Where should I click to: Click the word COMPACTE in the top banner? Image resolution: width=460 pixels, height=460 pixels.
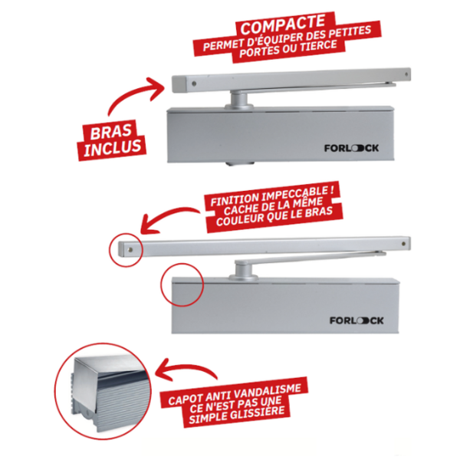click(x=282, y=25)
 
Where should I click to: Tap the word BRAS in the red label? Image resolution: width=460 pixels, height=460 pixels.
click(x=110, y=132)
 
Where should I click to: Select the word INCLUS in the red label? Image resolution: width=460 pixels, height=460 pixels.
click(x=112, y=147)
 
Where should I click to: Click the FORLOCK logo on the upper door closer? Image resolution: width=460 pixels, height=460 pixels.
click(x=351, y=148)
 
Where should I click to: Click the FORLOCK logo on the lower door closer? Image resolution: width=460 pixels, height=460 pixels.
click(x=356, y=320)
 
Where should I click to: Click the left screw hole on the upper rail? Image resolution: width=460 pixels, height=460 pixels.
click(x=194, y=84)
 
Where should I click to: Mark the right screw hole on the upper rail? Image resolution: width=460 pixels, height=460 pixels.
click(x=406, y=74)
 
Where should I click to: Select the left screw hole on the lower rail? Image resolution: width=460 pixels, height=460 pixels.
click(x=130, y=250)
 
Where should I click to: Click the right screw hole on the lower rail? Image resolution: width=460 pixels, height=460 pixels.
click(x=403, y=243)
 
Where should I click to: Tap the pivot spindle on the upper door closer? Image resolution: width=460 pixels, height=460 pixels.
click(x=238, y=100)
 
